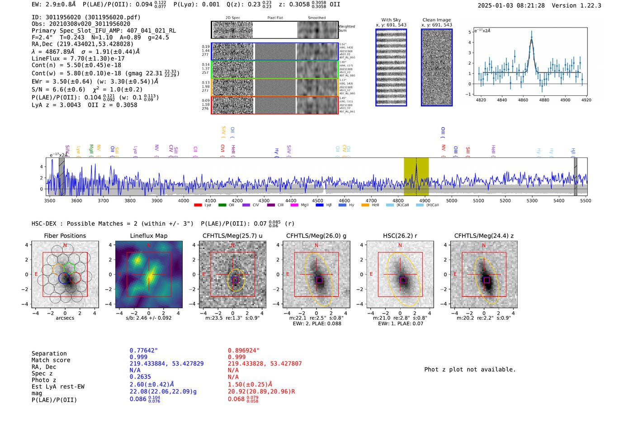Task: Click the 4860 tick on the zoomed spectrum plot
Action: (x=523, y=100)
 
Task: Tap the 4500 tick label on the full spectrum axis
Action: (x=318, y=201)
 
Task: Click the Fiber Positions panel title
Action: (x=65, y=236)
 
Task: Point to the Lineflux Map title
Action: (x=148, y=236)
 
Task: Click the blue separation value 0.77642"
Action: (x=143, y=350)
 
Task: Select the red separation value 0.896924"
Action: (x=244, y=350)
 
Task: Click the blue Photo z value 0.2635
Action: (x=140, y=377)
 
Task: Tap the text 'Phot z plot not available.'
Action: (x=470, y=369)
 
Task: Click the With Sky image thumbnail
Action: (x=391, y=67)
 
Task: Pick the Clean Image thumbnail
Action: (x=437, y=67)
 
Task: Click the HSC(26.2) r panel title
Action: (x=400, y=236)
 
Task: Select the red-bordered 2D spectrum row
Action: (x=274, y=105)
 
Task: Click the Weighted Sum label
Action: (x=347, y=28)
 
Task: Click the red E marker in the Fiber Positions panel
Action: (x=36, y=275)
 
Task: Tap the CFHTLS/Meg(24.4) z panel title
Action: (x=484, y=236)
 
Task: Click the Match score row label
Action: (x=51, y=360)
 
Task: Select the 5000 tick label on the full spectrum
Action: (x=452, y=201)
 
